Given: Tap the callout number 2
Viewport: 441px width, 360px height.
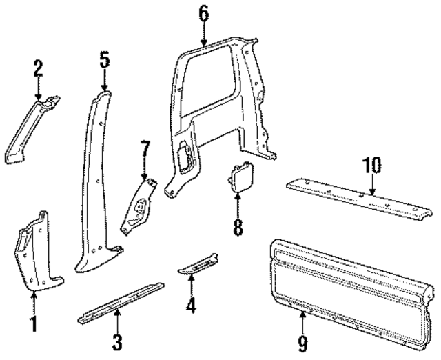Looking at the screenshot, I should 39,68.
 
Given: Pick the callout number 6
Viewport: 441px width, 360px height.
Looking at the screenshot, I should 203,13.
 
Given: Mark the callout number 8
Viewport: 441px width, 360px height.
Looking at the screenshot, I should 238,227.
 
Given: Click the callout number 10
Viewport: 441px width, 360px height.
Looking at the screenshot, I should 371,166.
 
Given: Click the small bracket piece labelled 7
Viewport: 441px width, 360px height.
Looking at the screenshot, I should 141,204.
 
